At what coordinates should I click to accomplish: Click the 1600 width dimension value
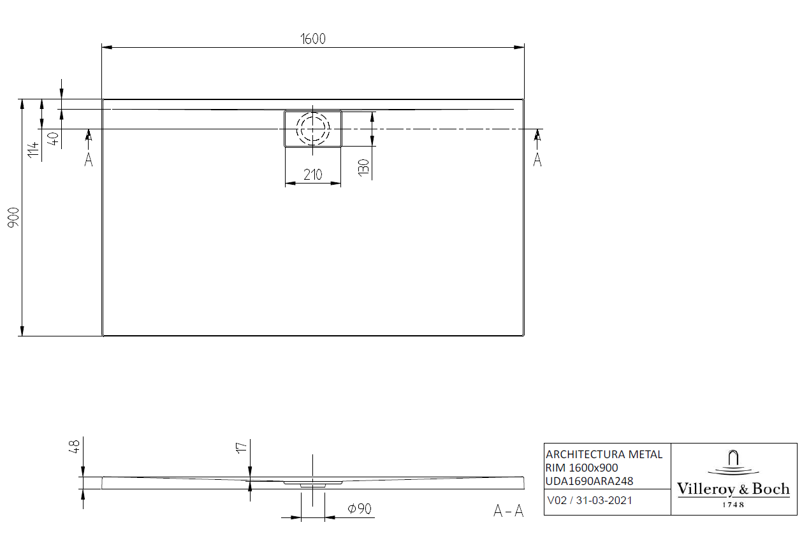coord(313,38)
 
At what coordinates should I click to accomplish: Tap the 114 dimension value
coord(33,150)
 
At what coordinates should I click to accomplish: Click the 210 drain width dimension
coord(312,175)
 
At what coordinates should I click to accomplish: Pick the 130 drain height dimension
coord(363,167)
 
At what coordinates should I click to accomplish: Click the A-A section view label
coord(508,510)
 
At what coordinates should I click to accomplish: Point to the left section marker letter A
coord(89,160)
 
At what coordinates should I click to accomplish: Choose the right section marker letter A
coord(537,160)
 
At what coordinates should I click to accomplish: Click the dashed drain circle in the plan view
coord(312,128)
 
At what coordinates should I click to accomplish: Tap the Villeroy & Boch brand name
coord(733,489)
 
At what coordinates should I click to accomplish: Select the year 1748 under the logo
coord(733,504)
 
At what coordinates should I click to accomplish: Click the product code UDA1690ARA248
coord(590,480)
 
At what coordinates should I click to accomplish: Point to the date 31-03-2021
coord(604,500)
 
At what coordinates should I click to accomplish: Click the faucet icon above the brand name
coord(733,460)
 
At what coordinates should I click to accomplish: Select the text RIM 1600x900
coord(581,468)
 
